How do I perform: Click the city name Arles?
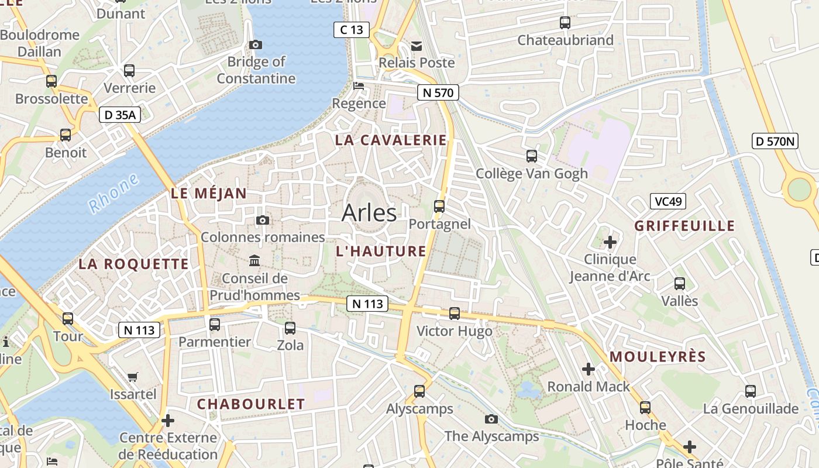(369, 213)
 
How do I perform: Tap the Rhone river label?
(114, 193)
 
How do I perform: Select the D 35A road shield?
(119, 115)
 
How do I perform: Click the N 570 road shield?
(438, 92)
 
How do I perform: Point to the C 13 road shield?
(352, 30)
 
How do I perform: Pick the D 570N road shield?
(775, 141)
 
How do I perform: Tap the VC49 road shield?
(667, 202)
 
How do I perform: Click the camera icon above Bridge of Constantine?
(256, 45)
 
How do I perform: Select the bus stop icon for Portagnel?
(439, 207)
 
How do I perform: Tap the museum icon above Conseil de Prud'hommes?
(254, 260)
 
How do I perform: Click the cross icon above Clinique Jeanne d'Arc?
(610, 242)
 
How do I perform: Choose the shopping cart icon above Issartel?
(133, 377)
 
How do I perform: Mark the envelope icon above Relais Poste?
(417, 46)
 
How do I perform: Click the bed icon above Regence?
(359, 87)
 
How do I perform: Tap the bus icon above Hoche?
(645, 408)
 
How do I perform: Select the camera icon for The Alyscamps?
(491, 419)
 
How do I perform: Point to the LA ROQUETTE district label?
(134, 264)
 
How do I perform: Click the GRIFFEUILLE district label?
(684, 226)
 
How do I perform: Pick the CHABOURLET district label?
(251, 404)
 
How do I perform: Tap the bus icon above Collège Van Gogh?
(531, 156)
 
